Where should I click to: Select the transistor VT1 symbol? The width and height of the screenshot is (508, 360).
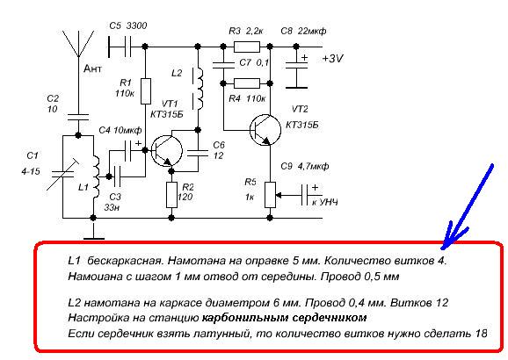coord(163,150)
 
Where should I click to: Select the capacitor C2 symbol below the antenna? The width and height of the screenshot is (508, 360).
coord(77,114)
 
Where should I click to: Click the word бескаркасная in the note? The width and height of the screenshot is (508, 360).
coord(122,261)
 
